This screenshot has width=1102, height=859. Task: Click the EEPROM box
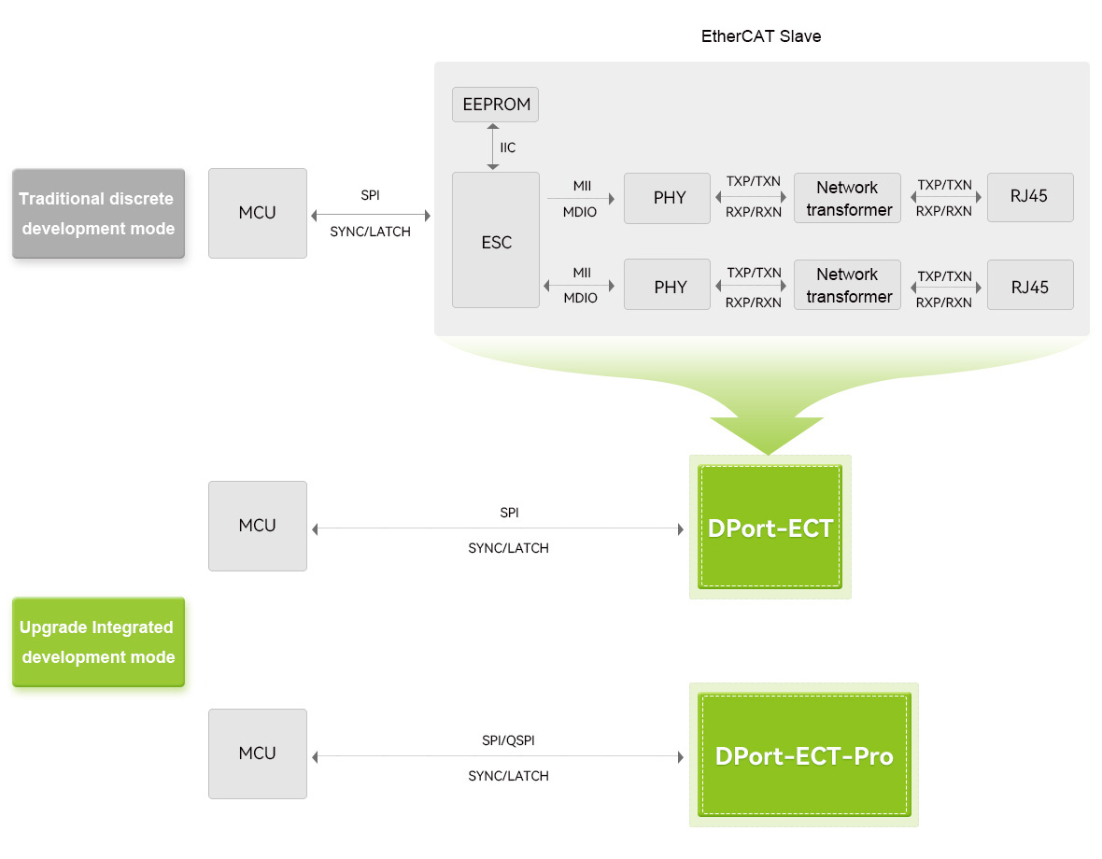(495, 105)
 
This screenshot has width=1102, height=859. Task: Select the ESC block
(496, 241)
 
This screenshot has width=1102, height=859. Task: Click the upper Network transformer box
(847, 198)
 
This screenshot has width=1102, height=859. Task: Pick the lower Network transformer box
(847, 286)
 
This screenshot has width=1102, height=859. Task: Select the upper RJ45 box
(1029, 198)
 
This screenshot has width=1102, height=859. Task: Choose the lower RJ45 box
(1029, 286)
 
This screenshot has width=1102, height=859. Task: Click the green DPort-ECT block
(770, 528)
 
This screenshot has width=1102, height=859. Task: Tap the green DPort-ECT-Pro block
(803, 754)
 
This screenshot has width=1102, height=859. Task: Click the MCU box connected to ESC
(257, 213)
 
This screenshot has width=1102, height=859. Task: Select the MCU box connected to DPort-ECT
(257, 526)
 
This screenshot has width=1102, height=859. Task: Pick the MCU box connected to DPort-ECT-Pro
(257, 753)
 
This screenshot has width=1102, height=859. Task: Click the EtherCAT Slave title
(760, 36)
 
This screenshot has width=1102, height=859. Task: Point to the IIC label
(507, 148)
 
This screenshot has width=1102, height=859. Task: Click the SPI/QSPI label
(508, 740)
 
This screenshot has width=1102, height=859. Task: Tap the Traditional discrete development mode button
(98, 214)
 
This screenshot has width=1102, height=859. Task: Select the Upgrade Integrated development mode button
(98, 642)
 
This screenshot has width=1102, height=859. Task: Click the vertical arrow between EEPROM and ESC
(493, 148)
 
